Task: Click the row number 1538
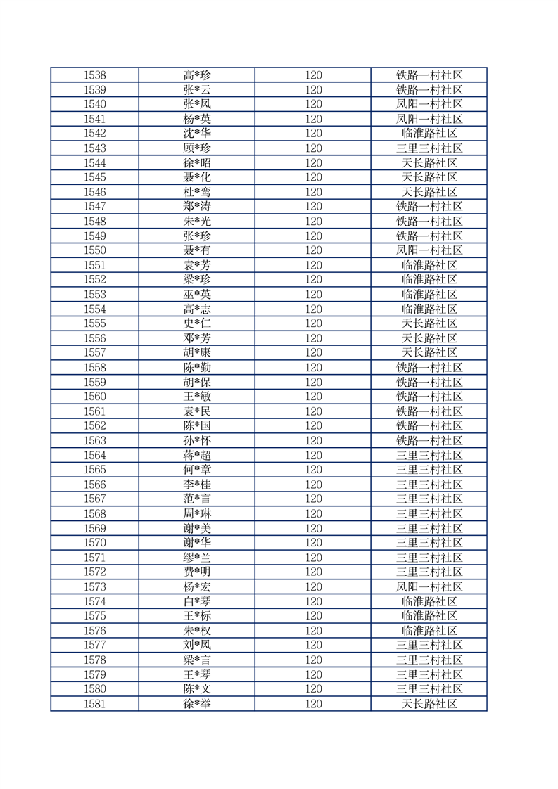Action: [x=94, y=75]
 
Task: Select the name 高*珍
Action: [x=197, y=75]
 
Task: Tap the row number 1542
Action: [x=94, y=134]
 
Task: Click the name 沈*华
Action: [x=197, y=134]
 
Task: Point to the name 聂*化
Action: [x=197, y=177]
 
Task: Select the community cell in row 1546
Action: [x=429, y=192]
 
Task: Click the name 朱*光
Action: [x=197, y=222]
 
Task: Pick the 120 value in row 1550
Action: [x=313, y=250]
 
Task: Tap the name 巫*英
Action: [x=197, y=295]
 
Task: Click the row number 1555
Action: [x=94, y=323]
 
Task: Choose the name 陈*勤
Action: [x=197, y=368]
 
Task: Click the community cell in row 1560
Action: [x=429, y=397]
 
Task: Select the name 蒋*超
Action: [x=197, y=455]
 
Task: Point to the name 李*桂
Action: [x=197, y=485]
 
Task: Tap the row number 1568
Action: [x=94, y=513]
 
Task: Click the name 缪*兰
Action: [x=197, y=558]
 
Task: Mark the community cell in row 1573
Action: [x=429, y=586]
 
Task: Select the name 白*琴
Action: [x=197, y=601]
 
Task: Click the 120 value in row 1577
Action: [x=313, y=645]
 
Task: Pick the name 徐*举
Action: [x=197, y=703]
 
